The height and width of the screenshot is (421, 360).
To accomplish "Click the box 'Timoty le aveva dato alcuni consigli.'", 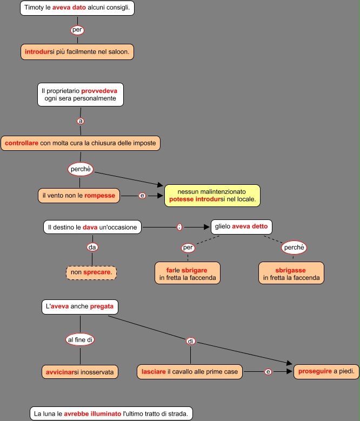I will [x=77, y=8].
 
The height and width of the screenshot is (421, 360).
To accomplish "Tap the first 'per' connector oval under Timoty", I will [x=77, y=30].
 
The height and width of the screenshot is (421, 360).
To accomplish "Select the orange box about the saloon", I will [x=77, y=51].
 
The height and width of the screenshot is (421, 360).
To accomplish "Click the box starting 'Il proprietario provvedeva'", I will [x=81, y=94].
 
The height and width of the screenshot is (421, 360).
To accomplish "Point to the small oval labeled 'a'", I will [x=81, y=121].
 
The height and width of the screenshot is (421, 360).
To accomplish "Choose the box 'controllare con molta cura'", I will [x=81, y=143].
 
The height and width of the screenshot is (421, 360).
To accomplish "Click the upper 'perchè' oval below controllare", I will [x=81, y=169].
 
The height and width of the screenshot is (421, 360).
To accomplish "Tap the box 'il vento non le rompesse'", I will [x=79, y=195].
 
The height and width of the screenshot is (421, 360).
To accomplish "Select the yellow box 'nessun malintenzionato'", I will [x=212, y=195].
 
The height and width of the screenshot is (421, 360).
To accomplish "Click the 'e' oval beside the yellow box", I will [x=142, y=196].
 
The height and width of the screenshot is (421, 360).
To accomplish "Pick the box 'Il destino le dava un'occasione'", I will [x=92, y=227].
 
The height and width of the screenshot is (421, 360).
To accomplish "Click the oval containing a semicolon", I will [x=179, y=227].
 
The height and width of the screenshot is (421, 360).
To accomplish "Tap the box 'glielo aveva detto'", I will [x=241, y=226].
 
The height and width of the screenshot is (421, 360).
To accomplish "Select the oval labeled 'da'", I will [x=92, y=248].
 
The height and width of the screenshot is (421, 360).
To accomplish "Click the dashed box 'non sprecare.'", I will [x=91, y=272].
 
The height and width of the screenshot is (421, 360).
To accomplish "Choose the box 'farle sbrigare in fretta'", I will [x=188, y=273].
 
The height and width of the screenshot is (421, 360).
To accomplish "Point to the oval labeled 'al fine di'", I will [x=81, y=339].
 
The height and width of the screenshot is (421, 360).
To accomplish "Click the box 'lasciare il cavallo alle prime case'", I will [x=189, y=371].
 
